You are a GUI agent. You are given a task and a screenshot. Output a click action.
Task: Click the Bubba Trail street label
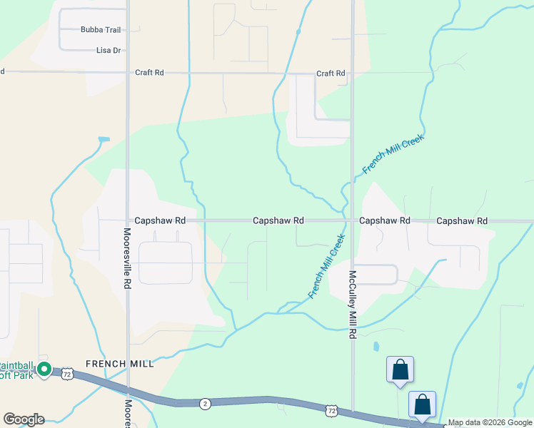pos(100,30)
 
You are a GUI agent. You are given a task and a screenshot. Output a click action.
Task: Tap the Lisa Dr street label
pos(109,51)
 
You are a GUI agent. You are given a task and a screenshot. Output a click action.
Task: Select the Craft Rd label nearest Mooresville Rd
pos(149,73)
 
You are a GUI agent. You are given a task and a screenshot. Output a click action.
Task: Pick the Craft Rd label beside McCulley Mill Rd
pos(331,73)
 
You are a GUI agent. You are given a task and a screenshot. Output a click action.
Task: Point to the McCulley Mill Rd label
pos(353,305)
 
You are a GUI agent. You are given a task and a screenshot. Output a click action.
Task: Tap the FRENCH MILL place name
pos(119,364)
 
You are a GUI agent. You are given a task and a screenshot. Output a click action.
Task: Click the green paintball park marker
pos(44,370)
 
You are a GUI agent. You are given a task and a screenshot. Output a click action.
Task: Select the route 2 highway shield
pos(206,404)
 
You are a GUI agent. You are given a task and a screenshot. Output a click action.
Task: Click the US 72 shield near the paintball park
pos(66,374)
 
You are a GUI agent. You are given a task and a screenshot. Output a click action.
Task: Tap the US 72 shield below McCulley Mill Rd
pos(331,410)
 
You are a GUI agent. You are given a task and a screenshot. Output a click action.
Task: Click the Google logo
pos(24,419)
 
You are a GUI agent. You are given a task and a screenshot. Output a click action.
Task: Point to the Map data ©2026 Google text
pos(490,423)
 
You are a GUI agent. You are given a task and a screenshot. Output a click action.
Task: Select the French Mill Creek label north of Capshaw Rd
pos(393,153)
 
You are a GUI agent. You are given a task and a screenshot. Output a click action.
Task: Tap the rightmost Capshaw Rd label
pos(462,221)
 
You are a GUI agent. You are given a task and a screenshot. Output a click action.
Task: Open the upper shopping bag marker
pos(400,370)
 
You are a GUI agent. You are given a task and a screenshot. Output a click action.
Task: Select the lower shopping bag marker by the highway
pos(422,404)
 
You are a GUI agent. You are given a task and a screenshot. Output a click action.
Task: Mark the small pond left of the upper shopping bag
pos(376,348)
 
